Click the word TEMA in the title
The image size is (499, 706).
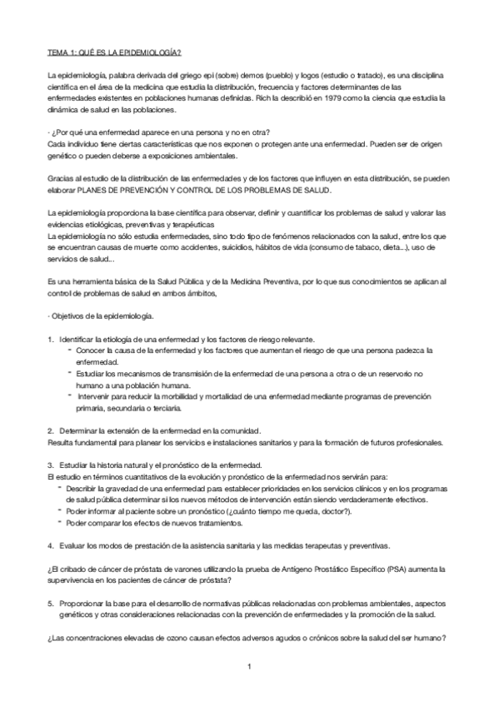pyautogui.click(x=58, y=52)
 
